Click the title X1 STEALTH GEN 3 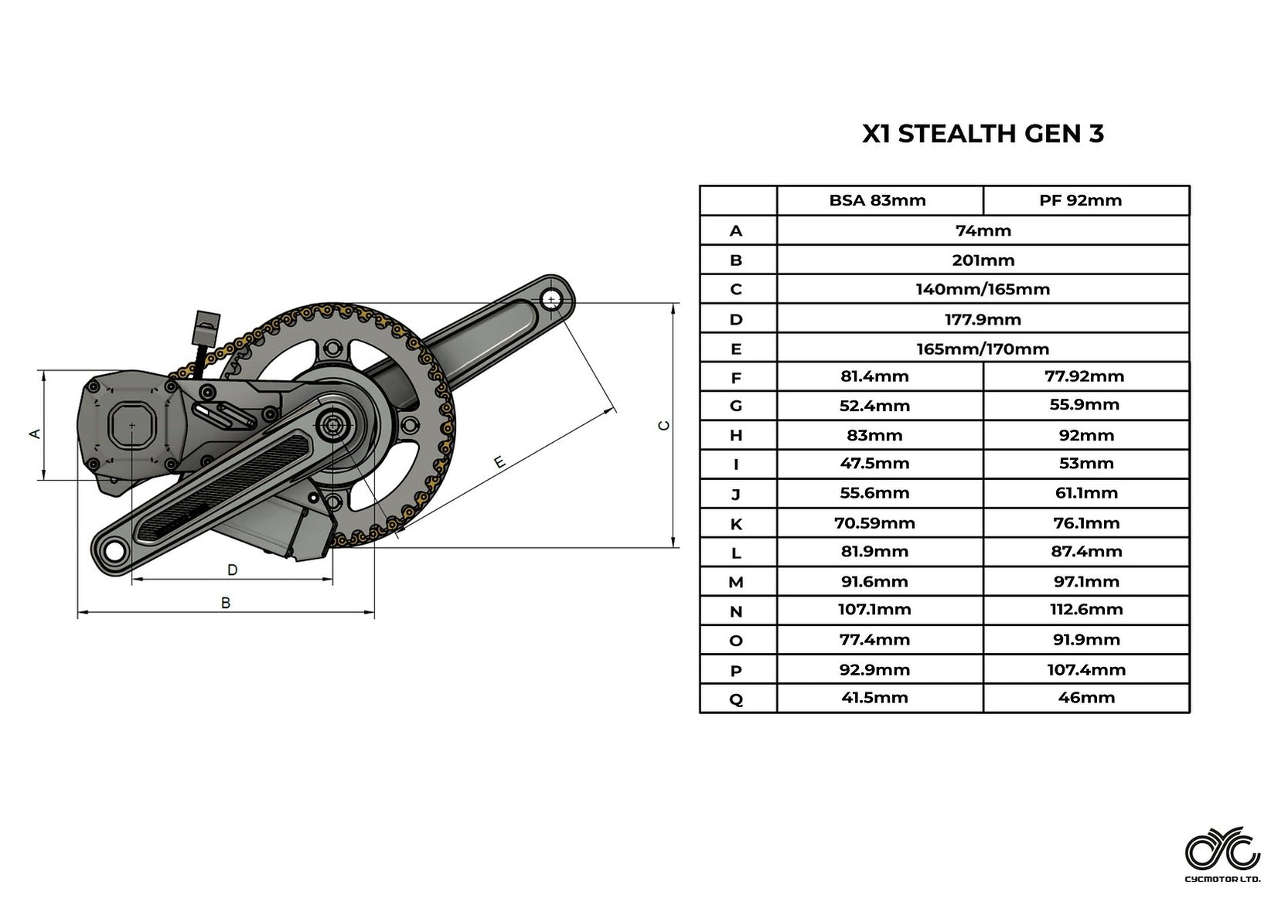pos(983,134)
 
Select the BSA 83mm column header pos(877,200)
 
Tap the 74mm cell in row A pos(983,230)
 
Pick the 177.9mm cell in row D pos(983,319)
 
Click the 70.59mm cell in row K pos(874,523)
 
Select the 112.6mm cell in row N pos(1085,610)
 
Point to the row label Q pos(736,699)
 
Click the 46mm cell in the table pos(1085,698)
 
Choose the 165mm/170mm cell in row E pos(983,349)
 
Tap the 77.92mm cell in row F pos(1085,376)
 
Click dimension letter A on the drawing pos(34,434)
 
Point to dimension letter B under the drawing pos(226,603)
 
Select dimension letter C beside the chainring pos(663,426)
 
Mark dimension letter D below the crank pos(232,570)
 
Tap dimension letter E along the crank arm pos(499,462)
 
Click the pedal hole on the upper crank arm pos(551,300)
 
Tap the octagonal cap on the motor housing pos(132,425)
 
